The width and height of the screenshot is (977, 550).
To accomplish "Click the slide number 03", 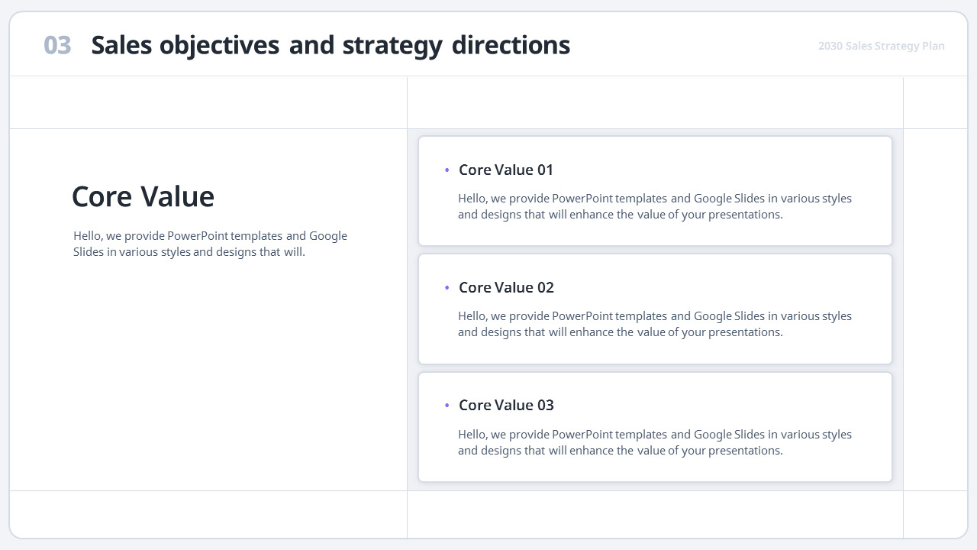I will [x=57, y=46].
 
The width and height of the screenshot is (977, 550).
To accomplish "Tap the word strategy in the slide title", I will [x=392, y=46].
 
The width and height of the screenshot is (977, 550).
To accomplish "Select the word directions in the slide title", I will [x=511, y=46].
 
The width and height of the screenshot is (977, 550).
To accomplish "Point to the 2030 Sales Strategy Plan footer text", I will [x=881, y=46].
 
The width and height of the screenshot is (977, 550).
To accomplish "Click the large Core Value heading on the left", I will [x=143, y=197].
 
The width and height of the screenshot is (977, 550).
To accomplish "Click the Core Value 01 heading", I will [x=506, y=170].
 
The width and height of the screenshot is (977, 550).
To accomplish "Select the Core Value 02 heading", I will [x=506, y=287].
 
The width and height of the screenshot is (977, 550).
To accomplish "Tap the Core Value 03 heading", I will [x=506, y=405].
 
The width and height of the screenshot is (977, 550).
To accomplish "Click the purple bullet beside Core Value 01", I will [x=447, y=170].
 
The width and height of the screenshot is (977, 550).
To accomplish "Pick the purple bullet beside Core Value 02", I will [x=447, y=288].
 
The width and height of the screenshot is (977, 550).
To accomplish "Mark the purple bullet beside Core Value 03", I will [x=447, y=406].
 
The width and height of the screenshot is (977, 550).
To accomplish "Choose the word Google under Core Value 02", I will [x=713, y=316].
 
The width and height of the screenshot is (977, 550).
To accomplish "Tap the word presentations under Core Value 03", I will [x=745, y=451].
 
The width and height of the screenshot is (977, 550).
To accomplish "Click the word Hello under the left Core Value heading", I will [x=89, y=236].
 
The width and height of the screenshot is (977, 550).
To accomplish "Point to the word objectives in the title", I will [x=219, y=46].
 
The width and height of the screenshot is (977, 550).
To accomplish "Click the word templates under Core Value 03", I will [x=641, y=435].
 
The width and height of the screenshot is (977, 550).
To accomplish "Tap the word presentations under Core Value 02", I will [x=745, y=332].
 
